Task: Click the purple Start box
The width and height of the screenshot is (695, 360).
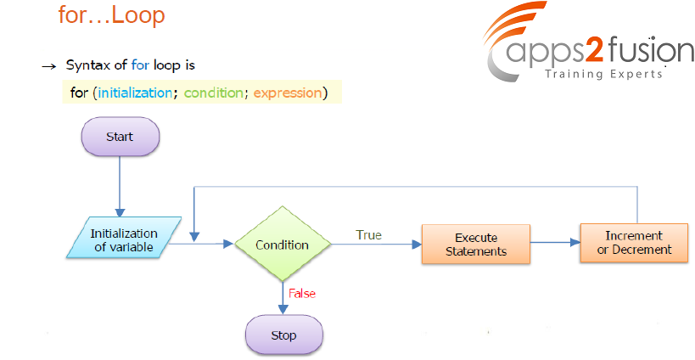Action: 121,137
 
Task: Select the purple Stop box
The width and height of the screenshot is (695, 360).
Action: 284,335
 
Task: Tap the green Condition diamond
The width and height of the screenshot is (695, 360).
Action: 283,244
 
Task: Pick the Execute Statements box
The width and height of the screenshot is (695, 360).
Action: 475,245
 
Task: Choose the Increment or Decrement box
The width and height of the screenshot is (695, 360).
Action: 634,243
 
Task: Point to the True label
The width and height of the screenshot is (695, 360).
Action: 368,235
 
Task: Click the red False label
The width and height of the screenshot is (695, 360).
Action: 302,294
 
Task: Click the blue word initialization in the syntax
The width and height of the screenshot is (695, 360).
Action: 135,93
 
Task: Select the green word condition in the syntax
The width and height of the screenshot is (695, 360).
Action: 213,93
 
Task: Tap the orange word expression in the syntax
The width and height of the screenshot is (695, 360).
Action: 288,93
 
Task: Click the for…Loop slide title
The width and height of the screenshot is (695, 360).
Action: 111,14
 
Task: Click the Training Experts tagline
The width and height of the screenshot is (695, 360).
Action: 603,74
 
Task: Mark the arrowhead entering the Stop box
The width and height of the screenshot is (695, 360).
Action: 283,309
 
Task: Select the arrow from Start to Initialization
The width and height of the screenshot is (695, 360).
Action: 120,186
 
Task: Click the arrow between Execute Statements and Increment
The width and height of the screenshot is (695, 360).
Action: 555,243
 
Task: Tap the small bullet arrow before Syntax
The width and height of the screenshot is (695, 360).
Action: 48,67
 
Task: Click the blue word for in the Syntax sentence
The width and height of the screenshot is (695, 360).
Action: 141,65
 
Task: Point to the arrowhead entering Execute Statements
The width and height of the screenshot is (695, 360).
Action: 417,244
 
